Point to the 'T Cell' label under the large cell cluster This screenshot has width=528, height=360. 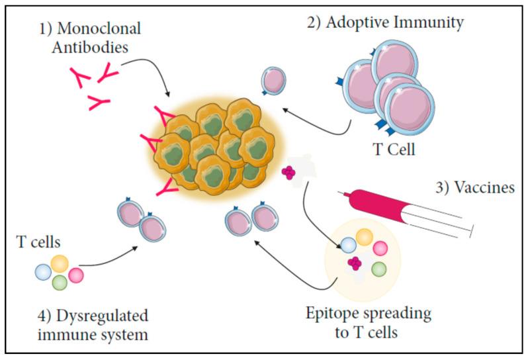coord(392,149)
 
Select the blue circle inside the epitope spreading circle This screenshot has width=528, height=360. coord(348,246)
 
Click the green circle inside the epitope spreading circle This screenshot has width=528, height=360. coord(378,268)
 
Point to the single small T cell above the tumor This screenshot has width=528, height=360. coord(273,81)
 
